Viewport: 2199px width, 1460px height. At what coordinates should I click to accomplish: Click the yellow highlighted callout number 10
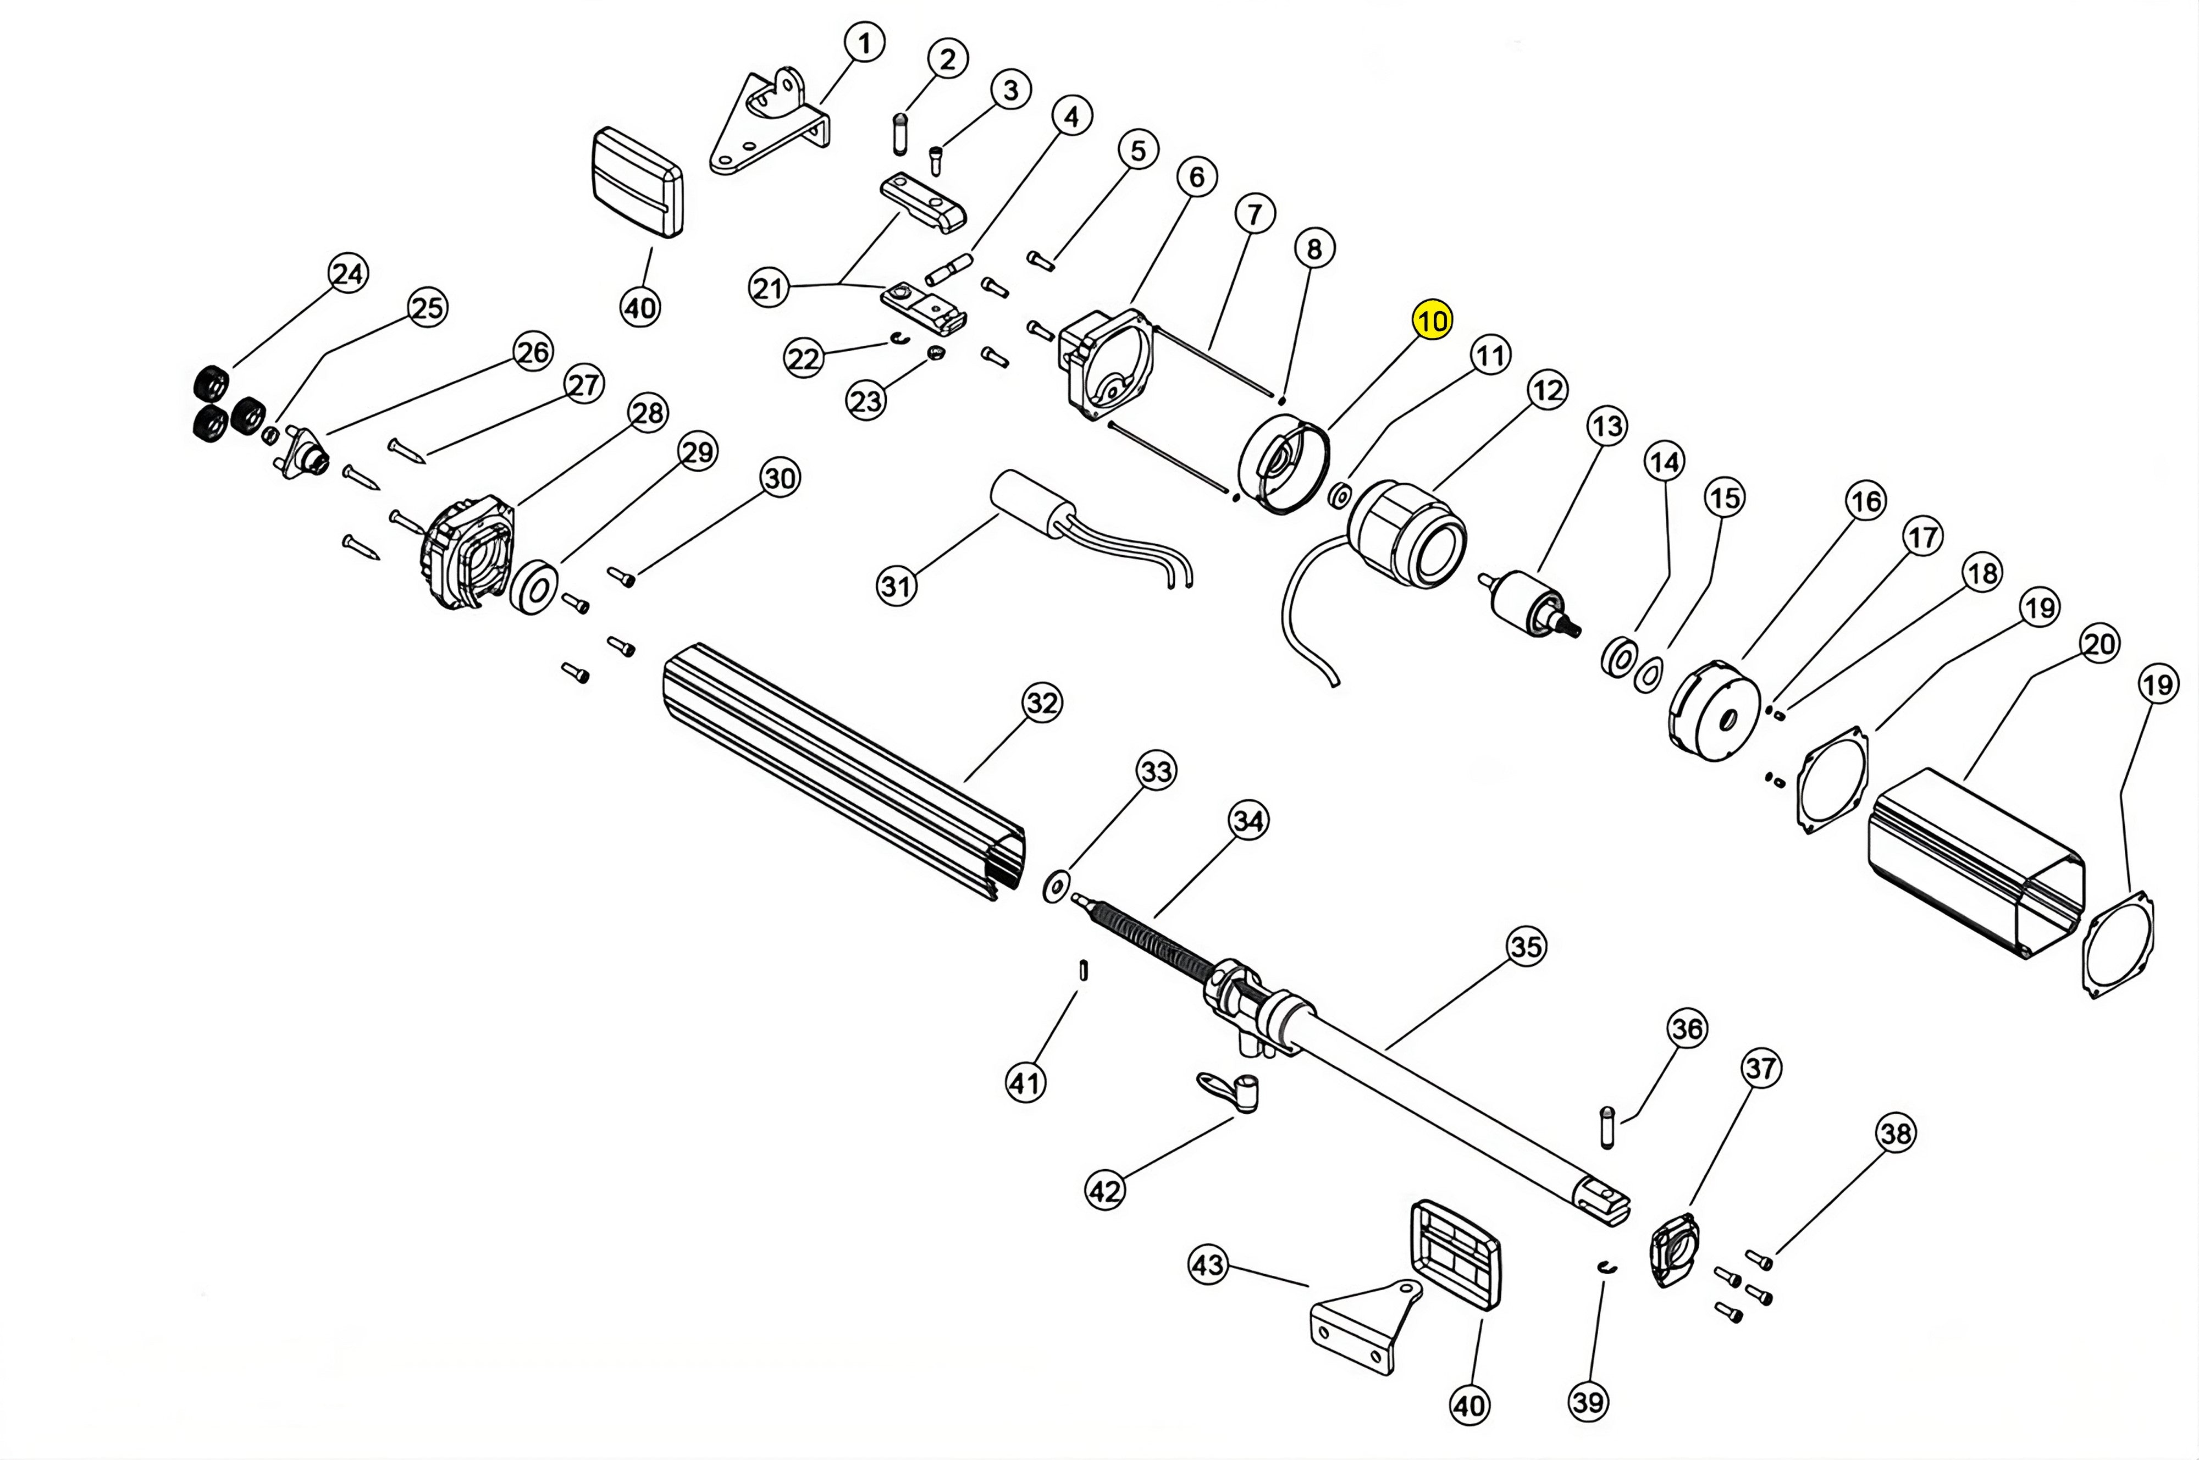click(1431, 321)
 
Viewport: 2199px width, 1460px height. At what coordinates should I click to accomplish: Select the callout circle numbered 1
click(865, 43)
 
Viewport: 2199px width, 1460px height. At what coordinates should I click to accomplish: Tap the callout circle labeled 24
click(348, 274)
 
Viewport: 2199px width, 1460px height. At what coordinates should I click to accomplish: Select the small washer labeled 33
click(1056, 887)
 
